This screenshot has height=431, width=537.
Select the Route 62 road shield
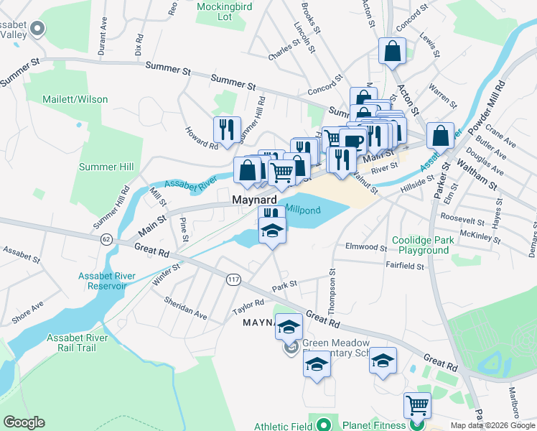106,238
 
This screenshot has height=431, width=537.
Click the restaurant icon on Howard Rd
227,130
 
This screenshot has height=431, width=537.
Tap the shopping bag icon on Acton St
391,51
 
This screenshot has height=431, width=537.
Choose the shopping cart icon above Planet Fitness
417,405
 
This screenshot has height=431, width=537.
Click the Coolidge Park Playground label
421,246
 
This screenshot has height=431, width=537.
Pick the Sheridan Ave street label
186,307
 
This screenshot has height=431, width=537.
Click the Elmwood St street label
366,248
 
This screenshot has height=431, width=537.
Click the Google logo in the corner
24,422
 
